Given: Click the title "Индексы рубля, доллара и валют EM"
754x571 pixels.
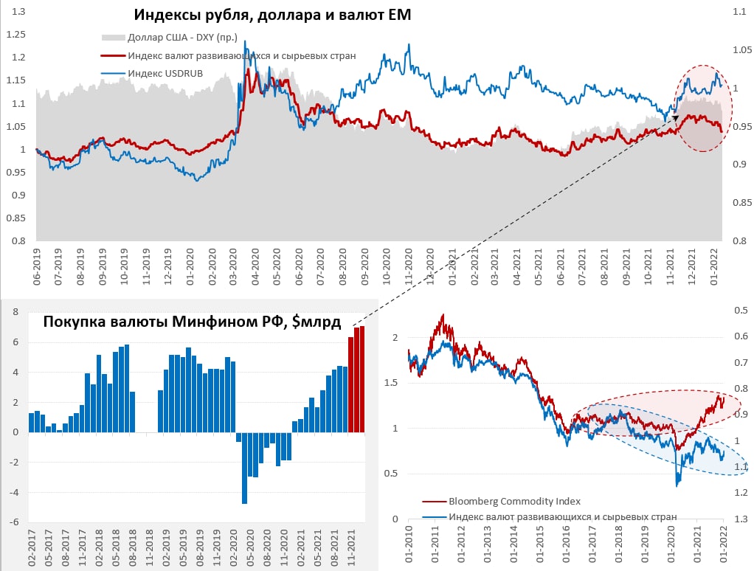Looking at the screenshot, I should (x=272, y=15).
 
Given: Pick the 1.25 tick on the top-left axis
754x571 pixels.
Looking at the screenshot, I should (x=15, y=35).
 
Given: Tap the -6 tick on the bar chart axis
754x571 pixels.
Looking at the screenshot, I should (x=13, y=522).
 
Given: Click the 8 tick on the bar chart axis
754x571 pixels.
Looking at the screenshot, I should (x=15, y=312).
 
